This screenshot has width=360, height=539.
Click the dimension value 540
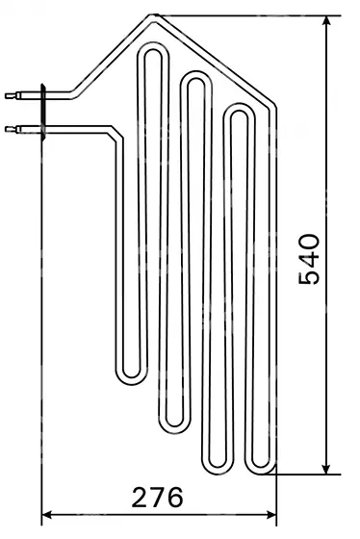coord(309,259)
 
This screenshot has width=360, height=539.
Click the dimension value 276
coord(158,498)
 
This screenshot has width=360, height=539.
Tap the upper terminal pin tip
coord(6,95)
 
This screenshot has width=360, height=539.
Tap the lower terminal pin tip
coord(6,129)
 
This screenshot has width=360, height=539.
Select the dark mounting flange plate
coord(43,112)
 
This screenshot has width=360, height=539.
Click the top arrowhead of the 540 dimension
coord(326,20)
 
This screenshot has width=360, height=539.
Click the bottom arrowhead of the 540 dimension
coord(326,470)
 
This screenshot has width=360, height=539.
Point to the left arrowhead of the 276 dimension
coord(46,515)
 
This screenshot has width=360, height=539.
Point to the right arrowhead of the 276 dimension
coord(271,515)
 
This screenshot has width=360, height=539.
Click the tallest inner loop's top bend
coord(153,47)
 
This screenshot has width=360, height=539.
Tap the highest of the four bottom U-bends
coord(131,380)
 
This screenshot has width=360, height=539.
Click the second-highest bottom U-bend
coord(174,429)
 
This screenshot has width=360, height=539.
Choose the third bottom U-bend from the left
coord(218,471)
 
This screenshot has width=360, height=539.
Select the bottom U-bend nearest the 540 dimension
coord(261,471)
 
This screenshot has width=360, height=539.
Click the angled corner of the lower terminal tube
coord(116,134)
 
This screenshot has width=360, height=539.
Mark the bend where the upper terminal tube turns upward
coord(74,92)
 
